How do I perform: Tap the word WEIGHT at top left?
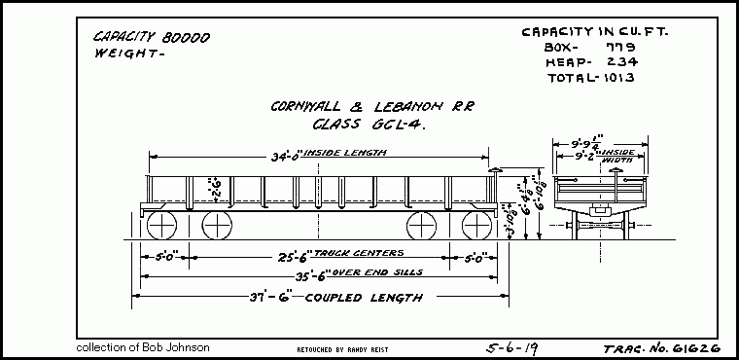click(x=121, y=54)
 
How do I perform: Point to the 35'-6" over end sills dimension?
click(x=288, y=275)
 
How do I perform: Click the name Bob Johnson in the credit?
click(x=178, y=346)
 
